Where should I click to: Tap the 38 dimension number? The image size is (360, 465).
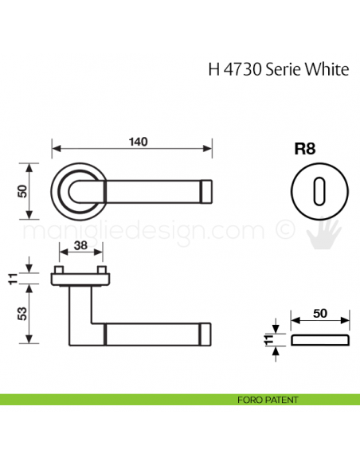click(x=80, y=246)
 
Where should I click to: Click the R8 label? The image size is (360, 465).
click(x=305, y=148)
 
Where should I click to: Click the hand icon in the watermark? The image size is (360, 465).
click(x=326, y=231)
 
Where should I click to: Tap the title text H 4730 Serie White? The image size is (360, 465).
click(x=278, y=68)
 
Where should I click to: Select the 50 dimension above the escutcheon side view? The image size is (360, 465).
click(x=320, y=314)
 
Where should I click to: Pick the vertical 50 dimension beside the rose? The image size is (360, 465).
click(x=22, y=191)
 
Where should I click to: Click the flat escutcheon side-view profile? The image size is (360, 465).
click(x=320, y=341)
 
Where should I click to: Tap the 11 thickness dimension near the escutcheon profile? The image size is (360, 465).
click(x=267, y=341)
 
